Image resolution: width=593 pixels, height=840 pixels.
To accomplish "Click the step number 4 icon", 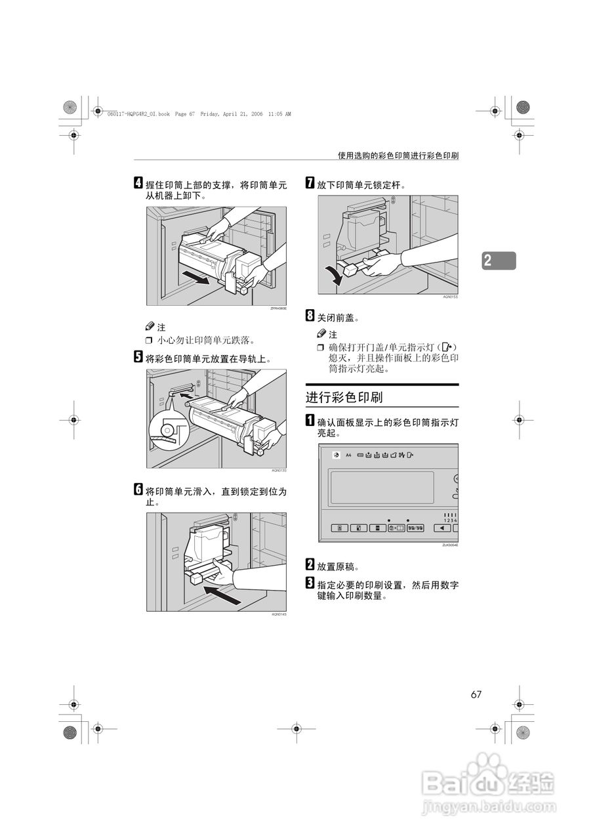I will pos(138,185).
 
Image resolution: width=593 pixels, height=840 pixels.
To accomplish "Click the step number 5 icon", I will pos(138,358).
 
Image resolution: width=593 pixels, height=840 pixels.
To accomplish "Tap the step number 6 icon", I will pos(138,490).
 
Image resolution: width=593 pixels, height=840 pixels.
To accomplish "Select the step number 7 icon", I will pos(310,185).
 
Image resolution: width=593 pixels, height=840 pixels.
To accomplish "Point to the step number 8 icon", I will pos(310,317).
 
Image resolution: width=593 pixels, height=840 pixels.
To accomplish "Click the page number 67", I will pos(476,695).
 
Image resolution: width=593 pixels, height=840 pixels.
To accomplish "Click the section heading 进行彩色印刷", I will pos(344,397).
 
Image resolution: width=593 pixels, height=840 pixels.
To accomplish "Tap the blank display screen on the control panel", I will pos(382,488).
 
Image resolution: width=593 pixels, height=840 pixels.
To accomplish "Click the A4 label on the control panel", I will pos(348,455).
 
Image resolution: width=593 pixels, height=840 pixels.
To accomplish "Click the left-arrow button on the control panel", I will pos(441,527).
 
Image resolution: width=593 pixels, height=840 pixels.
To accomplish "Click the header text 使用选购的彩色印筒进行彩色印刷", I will pos(398,156).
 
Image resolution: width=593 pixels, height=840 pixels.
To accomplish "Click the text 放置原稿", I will pos(338,566).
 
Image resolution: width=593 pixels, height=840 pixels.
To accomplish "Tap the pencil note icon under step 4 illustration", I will pos(150,326).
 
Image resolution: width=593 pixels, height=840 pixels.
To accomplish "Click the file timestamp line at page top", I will pos(198,114).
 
